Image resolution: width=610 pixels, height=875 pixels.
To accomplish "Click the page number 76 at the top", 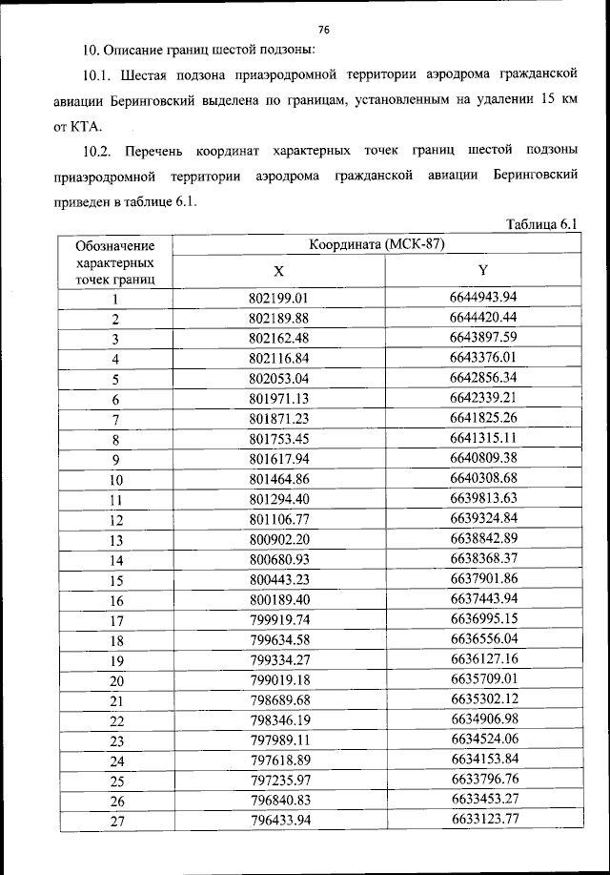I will click(323, 29).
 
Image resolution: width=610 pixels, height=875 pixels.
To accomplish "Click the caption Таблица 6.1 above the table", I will click(542, 224).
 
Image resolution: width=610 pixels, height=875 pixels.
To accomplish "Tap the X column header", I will click(278, 271).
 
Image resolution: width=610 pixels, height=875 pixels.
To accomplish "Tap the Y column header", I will click(483, 271).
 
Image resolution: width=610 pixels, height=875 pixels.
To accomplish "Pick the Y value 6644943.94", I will click(483, 298).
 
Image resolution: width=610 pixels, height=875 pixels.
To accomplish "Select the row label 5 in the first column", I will click(115, 379).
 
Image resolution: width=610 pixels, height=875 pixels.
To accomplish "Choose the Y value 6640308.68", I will click(483, 478).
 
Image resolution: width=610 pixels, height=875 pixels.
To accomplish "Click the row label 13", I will click(116, 540).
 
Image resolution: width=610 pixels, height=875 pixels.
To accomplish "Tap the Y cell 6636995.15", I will click(483, 618).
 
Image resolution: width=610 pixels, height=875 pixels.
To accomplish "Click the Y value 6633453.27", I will click(483, 799).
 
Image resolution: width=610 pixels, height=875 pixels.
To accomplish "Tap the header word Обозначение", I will click(115, 246).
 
